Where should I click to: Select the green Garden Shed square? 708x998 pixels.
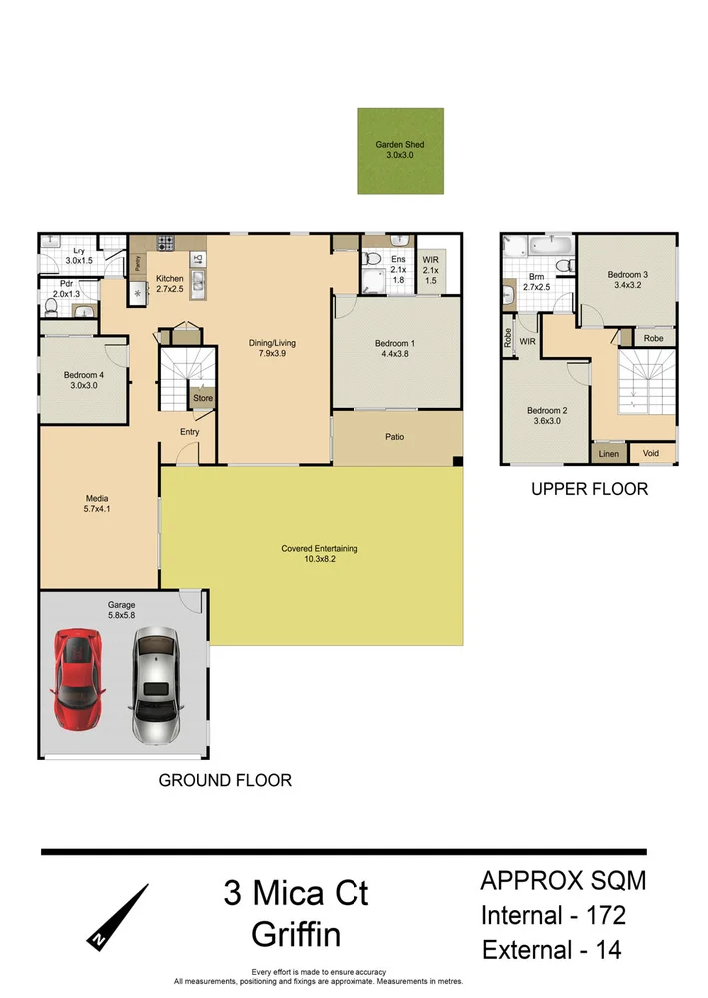point(399,151)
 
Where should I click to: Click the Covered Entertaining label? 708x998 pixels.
point(320,554)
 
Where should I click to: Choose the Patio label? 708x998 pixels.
point(396,436)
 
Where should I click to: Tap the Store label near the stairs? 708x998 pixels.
point(203,398)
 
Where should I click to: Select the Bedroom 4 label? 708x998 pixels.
point(83,380)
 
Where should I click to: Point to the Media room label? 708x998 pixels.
point(97,504)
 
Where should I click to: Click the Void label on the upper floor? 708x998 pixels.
point(651,453)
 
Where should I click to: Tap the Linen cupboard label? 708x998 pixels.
point(608,454)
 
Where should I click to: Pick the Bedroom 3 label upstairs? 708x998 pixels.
point(627,280)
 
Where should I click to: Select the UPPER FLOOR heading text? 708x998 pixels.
point(589,489)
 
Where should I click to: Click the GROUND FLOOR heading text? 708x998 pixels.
point(225,780)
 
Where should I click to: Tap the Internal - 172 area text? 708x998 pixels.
point(554,915)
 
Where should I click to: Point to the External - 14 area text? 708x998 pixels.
point(552,949)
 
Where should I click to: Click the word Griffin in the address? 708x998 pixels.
point(296,935)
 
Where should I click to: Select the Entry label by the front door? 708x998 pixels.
point(190,432)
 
